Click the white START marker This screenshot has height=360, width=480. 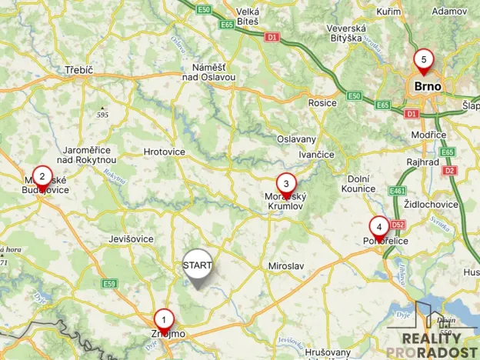tap(198, 265)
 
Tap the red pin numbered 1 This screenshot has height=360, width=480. tap(163, 318)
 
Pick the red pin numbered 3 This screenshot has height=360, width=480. tap(286, 184)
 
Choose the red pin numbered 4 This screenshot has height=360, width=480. tap(378, 227)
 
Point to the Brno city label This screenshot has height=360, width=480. tap(428, 86)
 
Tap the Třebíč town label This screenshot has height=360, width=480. tap(78, 71)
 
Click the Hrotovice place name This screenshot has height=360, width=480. tap(165, 152)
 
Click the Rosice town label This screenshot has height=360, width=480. tap(322, 103)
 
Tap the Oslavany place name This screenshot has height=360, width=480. tap(296, 139)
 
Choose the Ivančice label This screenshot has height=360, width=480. tap(317, 155)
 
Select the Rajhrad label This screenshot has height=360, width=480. tap(424, 162)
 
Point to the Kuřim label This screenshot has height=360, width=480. tap(389, 12)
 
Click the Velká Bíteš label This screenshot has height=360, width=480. tap(248, 17)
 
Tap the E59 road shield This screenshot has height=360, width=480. tap(110, 284)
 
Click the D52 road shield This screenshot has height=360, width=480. tap(398, 225)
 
